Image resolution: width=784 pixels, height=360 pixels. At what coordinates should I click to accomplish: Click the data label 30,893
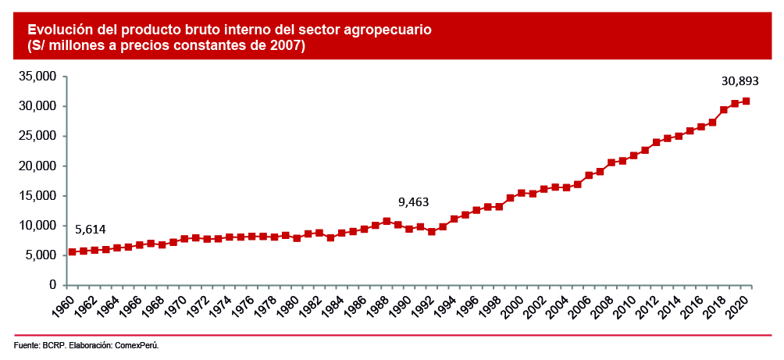[739, 80]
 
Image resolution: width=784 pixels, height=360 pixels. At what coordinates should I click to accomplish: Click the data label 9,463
[414, 202]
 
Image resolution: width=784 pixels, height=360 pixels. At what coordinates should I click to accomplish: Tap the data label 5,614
[90, 229]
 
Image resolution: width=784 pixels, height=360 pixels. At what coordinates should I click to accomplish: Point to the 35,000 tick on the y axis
[38, 77]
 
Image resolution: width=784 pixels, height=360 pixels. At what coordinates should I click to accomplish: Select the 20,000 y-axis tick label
[38, 166]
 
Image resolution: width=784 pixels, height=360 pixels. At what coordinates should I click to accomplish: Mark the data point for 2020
[747, 101]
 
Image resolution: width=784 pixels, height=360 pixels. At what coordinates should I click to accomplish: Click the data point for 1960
[72, 251]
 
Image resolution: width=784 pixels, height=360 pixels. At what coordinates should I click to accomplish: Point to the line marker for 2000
[522, 192]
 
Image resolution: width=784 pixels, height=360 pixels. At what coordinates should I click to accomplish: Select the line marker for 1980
[297, 238]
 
